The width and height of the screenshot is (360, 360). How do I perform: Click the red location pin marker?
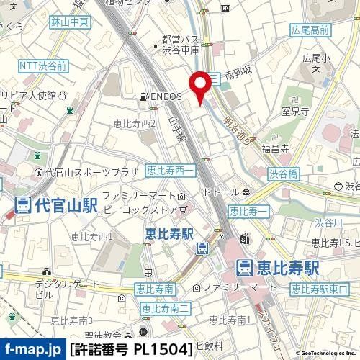(x=201, y=89)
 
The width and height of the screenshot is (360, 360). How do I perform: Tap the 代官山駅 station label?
(x=48, y=204)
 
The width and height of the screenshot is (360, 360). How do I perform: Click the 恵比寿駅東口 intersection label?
(x=319, y=289)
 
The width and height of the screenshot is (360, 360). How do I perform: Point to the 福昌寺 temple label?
(x=276, y=149)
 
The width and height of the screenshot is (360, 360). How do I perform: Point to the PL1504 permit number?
(x=163, y=349)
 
